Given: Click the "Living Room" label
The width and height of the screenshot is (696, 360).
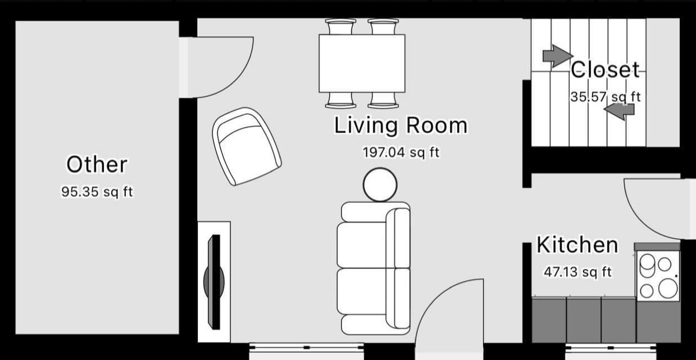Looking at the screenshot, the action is [x=401, y=125].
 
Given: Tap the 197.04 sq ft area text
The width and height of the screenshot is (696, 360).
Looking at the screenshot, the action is [x=401, y=152].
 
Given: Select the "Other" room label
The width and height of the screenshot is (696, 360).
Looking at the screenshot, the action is [x=97, y=165].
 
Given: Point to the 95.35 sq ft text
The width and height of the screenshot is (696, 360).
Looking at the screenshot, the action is [x=97, y=192].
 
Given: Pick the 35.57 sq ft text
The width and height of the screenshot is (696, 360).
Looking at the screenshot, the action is [x=606, y=97].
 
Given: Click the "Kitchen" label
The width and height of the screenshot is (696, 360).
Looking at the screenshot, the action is [x=577, y=245].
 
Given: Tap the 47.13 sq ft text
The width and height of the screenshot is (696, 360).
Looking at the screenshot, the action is [x=578, y=272].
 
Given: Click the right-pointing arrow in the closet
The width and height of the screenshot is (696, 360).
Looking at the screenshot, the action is [x=558, y=56].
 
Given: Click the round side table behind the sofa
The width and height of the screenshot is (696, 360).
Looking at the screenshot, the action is [x=380, y=185].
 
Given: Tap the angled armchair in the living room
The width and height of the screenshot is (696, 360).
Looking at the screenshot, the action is [x=246, y=147].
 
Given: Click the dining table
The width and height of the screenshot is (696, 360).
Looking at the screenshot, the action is [x=362, y=63].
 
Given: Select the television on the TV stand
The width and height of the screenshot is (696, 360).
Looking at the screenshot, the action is [x=214, y=282].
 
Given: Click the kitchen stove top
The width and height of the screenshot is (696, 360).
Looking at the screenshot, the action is [x=658, y=276].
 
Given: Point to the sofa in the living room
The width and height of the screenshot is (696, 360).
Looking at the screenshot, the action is [x=374, y=268].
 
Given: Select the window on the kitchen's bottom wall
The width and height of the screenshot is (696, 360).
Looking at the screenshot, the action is [x=611, y=348].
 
